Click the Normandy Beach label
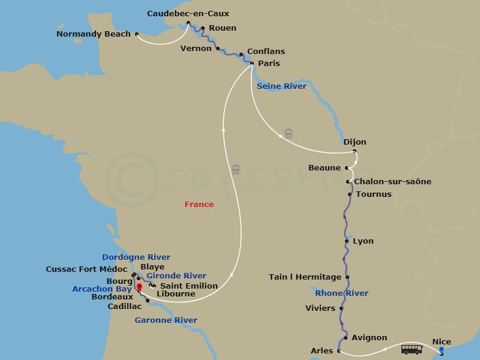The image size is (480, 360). click(93, 34)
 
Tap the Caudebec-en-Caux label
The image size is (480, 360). click(188, 13)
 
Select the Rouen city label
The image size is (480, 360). click(223, 28)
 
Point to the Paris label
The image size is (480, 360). click(269, 63)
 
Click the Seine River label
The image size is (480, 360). click(281, 86)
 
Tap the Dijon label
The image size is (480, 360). click(355, 142)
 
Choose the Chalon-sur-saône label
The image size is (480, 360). click(392, 181)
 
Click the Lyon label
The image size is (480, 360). click(363, 241)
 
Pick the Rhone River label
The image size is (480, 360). click(341, 293)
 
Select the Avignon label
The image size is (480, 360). click(369, 338)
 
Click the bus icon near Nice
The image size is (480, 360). click(412, 349)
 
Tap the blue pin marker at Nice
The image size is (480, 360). click(442, 350)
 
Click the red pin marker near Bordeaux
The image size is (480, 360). click(140, 287)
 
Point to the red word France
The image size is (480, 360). click(199, 205)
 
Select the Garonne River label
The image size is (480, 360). click(166, 320)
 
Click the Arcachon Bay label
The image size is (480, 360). click(101, 289)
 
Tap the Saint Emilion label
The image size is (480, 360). click(188, 286)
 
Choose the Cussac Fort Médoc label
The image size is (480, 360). click(86, 269)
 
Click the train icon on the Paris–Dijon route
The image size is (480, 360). click(289, 133)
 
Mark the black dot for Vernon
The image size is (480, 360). click(218, 49)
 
